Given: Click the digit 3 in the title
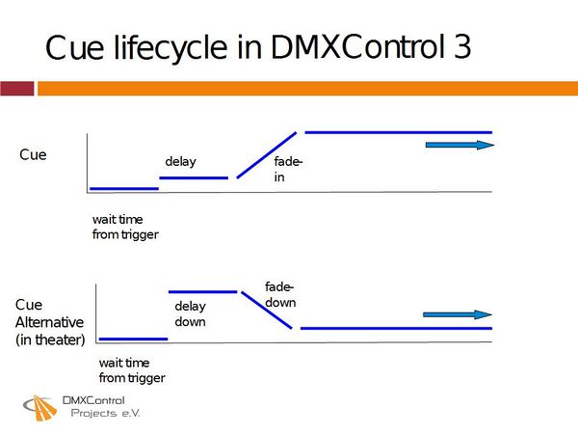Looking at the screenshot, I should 461,46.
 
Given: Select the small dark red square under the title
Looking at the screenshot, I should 16,89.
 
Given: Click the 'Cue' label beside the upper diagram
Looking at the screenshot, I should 33,154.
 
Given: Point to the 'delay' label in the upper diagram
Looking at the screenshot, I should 180,161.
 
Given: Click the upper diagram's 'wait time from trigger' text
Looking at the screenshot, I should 125,227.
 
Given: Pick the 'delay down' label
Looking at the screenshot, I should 190,313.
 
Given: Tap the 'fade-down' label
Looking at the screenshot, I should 280,294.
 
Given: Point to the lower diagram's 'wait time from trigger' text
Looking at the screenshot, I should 132,370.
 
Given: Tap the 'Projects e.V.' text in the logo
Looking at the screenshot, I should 105,413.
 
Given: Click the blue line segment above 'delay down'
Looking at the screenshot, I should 202,290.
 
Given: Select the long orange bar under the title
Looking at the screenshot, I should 306,89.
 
